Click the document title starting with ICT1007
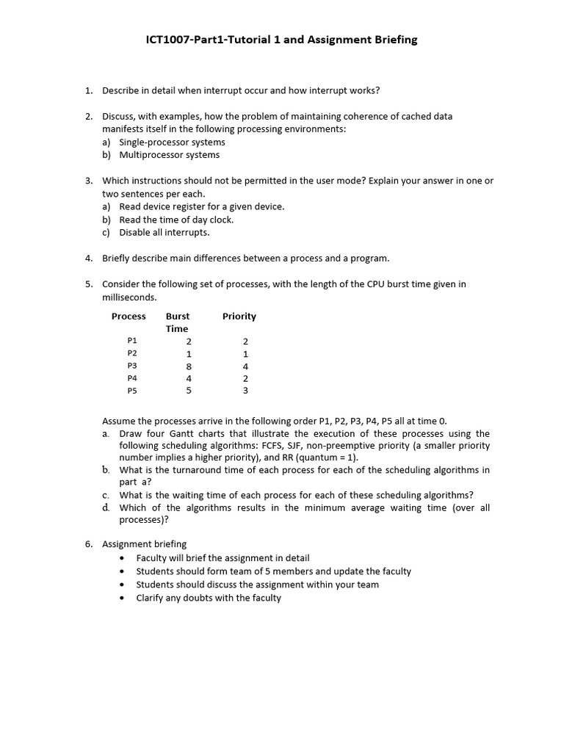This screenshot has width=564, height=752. [281, 40]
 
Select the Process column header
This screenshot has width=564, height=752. [129, 317]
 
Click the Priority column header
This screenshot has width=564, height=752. [239, 317]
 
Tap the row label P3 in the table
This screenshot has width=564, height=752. [132, 366]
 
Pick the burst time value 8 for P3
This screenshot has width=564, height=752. [189, 366]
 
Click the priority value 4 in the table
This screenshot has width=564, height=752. [245, 366]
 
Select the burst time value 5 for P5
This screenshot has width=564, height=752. [189, 391]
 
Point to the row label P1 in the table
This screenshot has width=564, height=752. [132, 341]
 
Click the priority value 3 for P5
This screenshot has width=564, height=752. [245, 391]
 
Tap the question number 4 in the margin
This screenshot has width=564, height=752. [88, 258]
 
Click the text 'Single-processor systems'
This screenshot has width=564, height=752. [172, 142]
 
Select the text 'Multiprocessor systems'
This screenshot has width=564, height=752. [169, 155]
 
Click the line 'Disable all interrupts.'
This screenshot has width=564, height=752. [164, 233]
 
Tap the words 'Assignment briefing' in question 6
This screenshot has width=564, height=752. [144, 544]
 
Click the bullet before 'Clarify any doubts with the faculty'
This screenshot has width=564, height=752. [122, 599]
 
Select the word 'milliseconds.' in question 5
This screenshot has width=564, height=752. [129, 297]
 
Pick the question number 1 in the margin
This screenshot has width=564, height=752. [88, 90]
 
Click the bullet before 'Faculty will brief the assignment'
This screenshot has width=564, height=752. [122, 558]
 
